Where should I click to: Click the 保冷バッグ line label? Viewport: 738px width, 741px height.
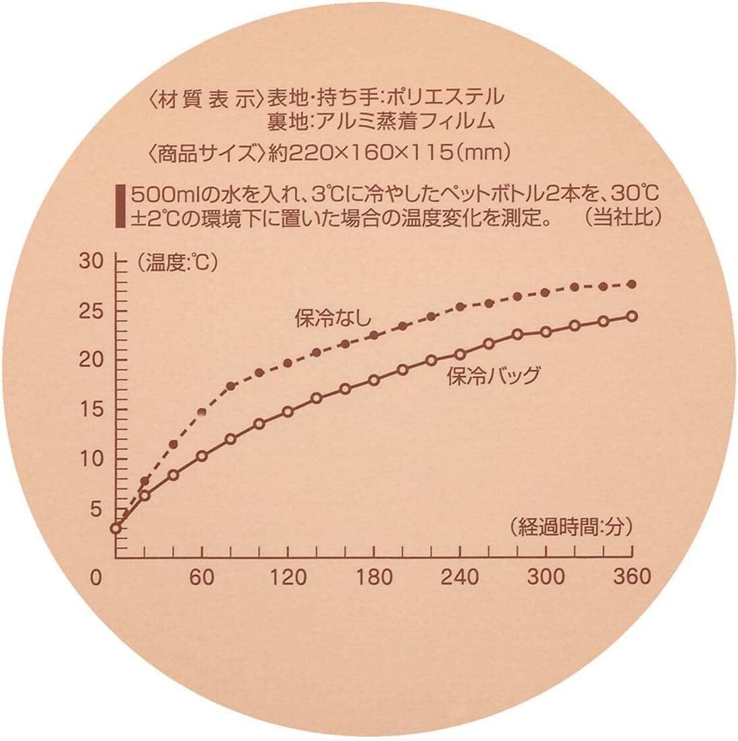point(494,376)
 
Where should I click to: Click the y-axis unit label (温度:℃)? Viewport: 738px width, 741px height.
point(177,263)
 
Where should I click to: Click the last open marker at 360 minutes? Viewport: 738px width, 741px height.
point(632,316)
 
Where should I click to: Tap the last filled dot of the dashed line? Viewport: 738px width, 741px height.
point(632,284)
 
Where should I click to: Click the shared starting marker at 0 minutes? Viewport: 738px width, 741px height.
point(116,528)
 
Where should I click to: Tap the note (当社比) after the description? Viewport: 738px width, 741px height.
point(623,218)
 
